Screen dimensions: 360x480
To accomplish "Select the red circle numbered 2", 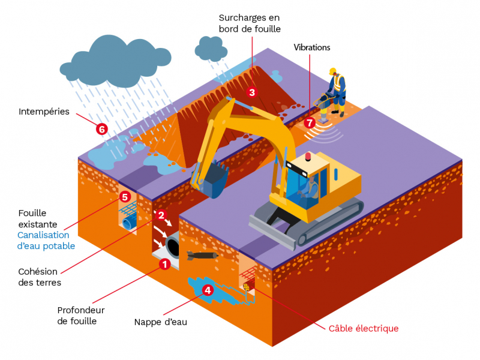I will coord(161,215).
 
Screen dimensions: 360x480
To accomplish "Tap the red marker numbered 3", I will coord(252,92).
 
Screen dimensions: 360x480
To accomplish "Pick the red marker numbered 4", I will coord(208,290).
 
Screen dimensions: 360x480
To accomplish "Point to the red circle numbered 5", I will coord(125,196).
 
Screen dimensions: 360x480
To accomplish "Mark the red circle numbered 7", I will coord(310,122).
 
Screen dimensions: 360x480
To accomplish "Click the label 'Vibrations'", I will coord(311,47).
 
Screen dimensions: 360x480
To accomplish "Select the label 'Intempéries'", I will coord(44,112).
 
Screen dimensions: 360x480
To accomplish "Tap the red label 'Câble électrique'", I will coord(364,328).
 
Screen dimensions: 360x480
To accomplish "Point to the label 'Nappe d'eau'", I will coord(161,322).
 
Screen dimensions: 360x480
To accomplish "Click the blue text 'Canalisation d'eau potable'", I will coord(46,241).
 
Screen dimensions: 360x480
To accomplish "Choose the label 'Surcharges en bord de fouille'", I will coord(249,23).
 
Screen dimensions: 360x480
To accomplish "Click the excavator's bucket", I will coord(210,180).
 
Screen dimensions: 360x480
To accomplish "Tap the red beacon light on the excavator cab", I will coord(308,157).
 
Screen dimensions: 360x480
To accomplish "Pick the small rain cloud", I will coord(209,49).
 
